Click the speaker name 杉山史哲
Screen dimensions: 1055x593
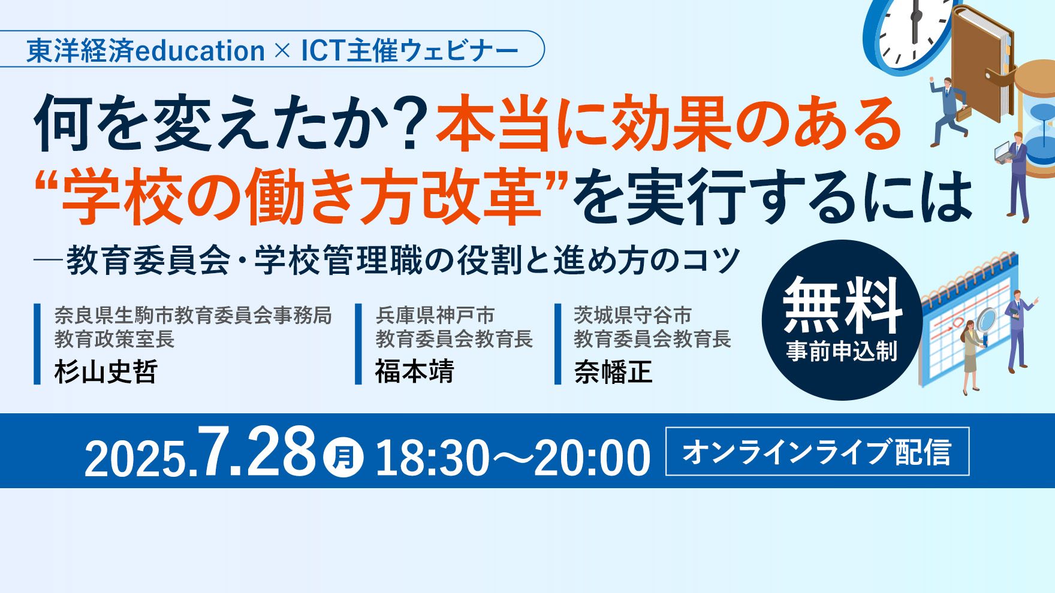106,371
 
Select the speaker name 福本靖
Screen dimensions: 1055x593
415,371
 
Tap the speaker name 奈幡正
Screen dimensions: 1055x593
613,371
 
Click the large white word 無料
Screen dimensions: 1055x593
842,305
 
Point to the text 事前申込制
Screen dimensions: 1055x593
842,351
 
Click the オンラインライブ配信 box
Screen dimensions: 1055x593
817,452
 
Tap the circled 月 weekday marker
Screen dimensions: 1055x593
343,458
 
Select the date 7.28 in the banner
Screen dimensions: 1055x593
258,452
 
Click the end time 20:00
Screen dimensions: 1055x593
592,458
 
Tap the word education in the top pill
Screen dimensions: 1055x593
201,50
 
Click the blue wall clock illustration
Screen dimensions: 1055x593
908,36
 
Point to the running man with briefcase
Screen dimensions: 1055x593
948,111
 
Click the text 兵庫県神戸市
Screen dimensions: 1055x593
435,315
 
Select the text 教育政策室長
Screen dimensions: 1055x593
114,339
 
